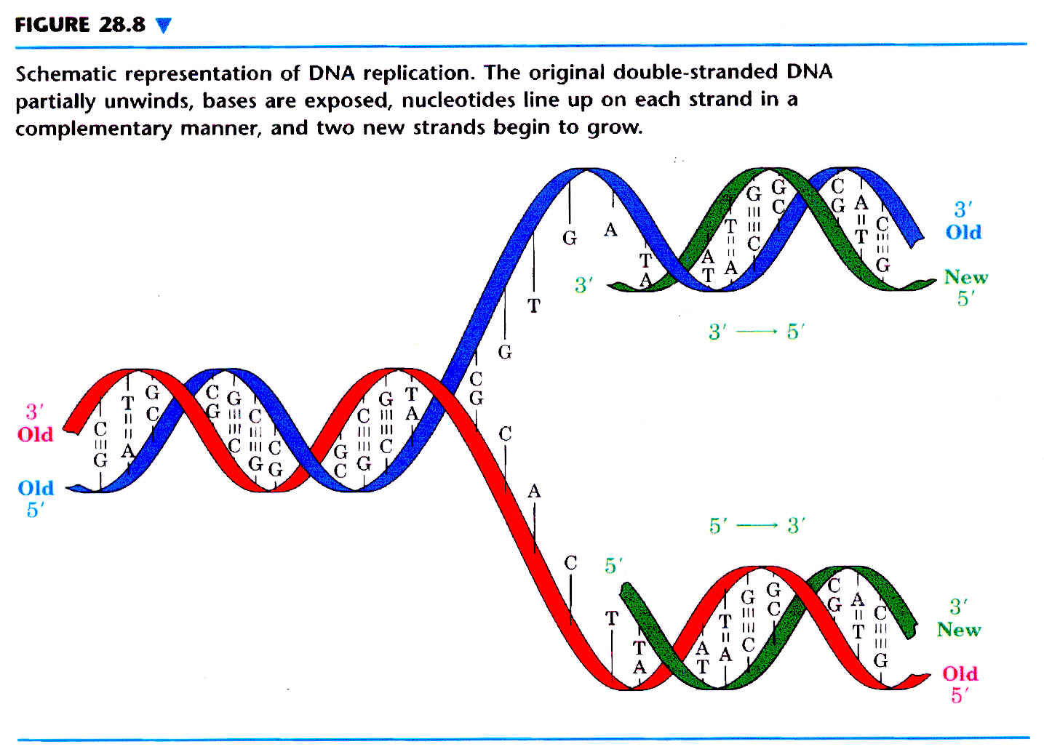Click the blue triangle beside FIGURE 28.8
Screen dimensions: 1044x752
coord(163,25)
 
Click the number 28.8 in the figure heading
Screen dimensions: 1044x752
coord(122,25)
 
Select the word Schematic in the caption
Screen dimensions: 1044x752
coord(65,73)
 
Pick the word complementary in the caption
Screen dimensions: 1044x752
coord(94,129)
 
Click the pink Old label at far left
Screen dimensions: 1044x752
coord(36,434)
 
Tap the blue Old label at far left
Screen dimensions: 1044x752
coord(36,488)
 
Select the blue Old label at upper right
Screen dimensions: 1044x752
coord(963,231)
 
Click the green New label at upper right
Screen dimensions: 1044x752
coord(966,277)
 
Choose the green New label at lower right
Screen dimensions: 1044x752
coord(959,630)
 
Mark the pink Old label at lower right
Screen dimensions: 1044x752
coord(960,673)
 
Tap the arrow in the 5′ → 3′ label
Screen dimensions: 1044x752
coord(757,526)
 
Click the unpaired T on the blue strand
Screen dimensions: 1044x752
coord(534,305)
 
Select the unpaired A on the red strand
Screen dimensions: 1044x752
coord(534,491)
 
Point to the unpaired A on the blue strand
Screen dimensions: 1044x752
coord(610,230)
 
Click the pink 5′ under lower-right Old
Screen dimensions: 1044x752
coord(957,695)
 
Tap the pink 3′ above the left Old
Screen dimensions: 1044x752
coord(34,412)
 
